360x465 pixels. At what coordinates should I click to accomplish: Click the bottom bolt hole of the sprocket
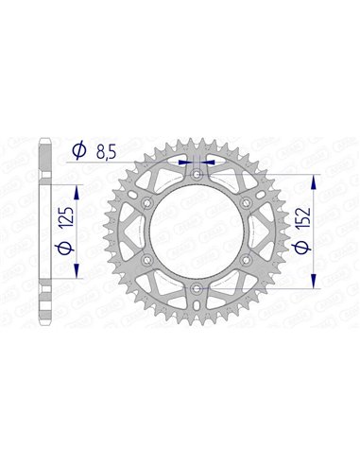(196, 287)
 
